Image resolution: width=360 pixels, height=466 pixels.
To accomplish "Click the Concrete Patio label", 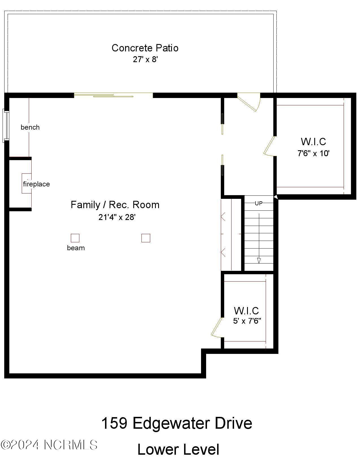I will (x=145, y=48).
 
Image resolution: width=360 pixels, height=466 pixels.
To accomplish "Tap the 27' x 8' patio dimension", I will (x=145, y=60).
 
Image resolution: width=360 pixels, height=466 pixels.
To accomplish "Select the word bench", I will (x=30, y=127).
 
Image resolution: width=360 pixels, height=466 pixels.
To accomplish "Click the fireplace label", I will (x=36, y=184).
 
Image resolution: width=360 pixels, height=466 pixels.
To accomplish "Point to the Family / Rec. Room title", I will (x=115, y=205).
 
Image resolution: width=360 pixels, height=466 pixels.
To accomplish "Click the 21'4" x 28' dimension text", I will (x=117, y=217).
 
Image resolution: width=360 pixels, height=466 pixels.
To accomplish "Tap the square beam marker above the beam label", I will (x=75, y=238).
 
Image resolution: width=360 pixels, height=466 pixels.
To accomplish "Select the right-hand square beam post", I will (x=146, y=238).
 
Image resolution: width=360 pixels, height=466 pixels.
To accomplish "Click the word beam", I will (x=76, y=248).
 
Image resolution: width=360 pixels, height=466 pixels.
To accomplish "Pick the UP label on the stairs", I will (x=259, y=203).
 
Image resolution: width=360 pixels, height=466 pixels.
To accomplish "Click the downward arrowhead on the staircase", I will (x=259, y=260).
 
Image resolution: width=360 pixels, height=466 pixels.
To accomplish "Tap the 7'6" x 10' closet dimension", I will (x=314, y=154).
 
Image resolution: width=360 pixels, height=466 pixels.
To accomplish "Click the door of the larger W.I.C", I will (x=269, y=146).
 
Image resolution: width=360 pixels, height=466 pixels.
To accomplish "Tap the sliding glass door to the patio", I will (x=113, y=95).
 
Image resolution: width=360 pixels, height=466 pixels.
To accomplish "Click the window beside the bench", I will (x=6, y=126).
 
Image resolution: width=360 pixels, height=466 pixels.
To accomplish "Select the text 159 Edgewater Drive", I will (x=176, y=423).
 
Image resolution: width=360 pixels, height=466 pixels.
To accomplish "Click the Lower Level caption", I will (x=178, y=450).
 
